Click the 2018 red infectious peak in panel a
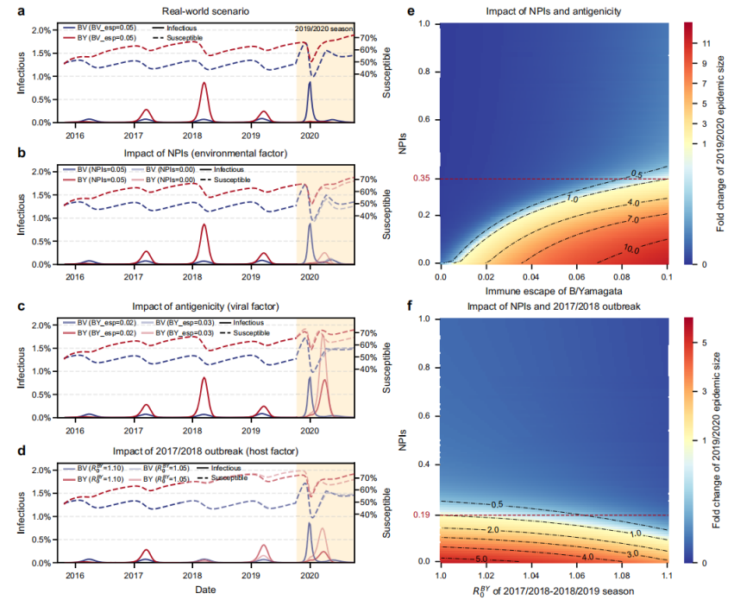203,84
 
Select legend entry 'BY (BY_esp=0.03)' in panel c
177,332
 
